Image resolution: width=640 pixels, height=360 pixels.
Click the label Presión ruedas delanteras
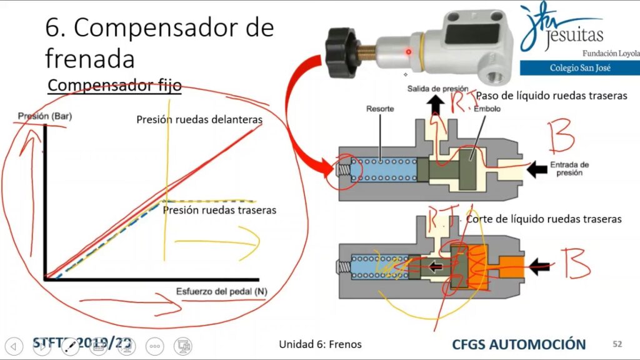(x=199, y=119)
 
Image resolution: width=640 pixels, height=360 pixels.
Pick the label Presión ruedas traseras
(x=219, y=210)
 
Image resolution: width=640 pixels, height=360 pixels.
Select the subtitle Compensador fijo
(x=114, y=85)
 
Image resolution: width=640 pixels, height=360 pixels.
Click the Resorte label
(x=380, y=109)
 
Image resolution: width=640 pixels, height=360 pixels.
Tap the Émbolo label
(x=488, y=109)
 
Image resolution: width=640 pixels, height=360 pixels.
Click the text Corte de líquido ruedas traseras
(x=544, y=219)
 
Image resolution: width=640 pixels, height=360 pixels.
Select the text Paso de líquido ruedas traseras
(x=551, y=96)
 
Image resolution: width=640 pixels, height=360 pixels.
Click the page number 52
(x=617, y=344)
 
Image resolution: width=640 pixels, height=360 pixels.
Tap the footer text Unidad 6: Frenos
(x=320, y=344)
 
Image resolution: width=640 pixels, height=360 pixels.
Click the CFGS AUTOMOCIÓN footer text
(x=519, y=344)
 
